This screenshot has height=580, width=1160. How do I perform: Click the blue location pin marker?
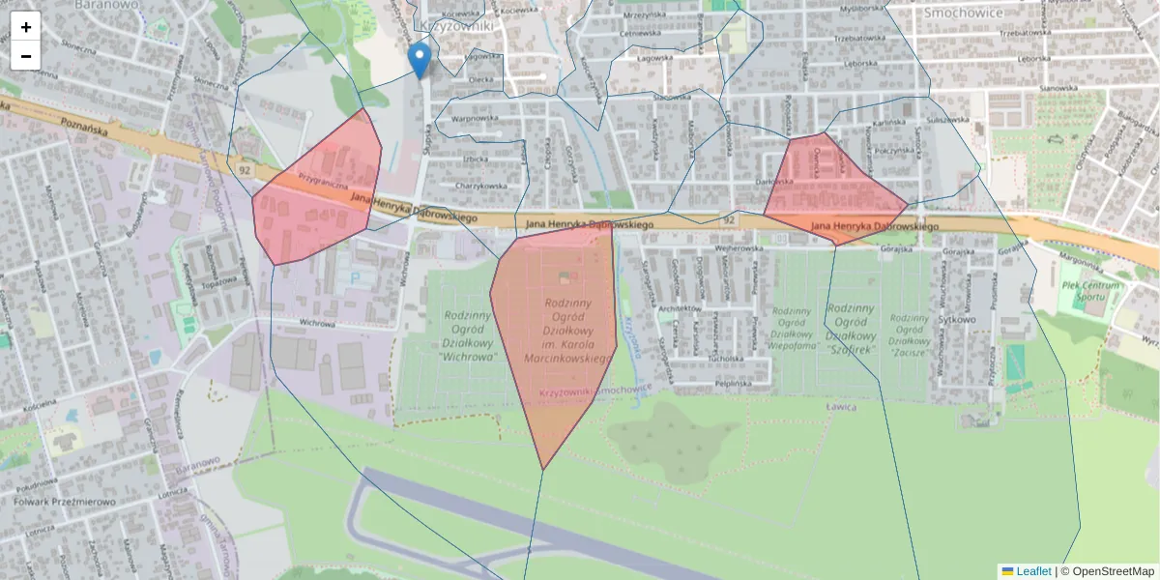(419, 58)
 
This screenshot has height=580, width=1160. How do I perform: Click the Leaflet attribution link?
(1032, 571)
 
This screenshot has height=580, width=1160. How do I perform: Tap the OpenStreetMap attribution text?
(1113, 571)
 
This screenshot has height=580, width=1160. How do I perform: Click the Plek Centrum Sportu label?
(1090, 291)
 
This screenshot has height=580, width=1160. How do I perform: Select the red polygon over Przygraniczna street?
(314, 193)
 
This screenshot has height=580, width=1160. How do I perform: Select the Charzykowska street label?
(481, 187)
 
